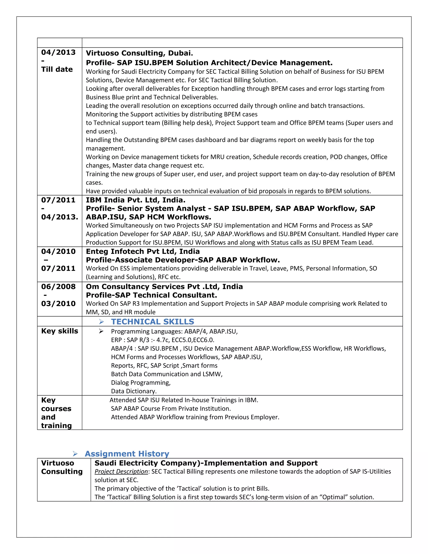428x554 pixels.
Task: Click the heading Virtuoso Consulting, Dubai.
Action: (x=139, y=53)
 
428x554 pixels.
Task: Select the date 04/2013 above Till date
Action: (x=58, y=52)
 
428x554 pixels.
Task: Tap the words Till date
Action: (x=57, y=69)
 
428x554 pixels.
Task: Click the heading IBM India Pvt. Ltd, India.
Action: (x=135, y=200)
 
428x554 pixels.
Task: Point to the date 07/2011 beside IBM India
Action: (x=58, y=200)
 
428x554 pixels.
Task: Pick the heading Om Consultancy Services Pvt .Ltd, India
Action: (x=164, y=287)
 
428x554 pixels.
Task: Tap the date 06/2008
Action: (x=58, y=287)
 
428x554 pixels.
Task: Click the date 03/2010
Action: (x=58, y=304)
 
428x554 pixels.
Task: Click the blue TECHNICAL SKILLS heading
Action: (x=152, y=322)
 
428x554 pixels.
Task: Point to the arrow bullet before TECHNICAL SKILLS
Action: (x=101, y=322)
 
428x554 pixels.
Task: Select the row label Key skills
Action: (x=60, y=331)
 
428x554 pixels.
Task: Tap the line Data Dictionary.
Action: (x=134, y=391)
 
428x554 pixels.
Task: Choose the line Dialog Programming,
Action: (x=141, y=383)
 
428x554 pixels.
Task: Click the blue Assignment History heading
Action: (x=127, y=454)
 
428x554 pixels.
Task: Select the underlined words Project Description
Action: (x=121, y=472)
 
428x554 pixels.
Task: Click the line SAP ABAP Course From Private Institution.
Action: (x=171, y=409)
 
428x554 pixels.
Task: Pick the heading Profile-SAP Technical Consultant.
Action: (x=151, y=295)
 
